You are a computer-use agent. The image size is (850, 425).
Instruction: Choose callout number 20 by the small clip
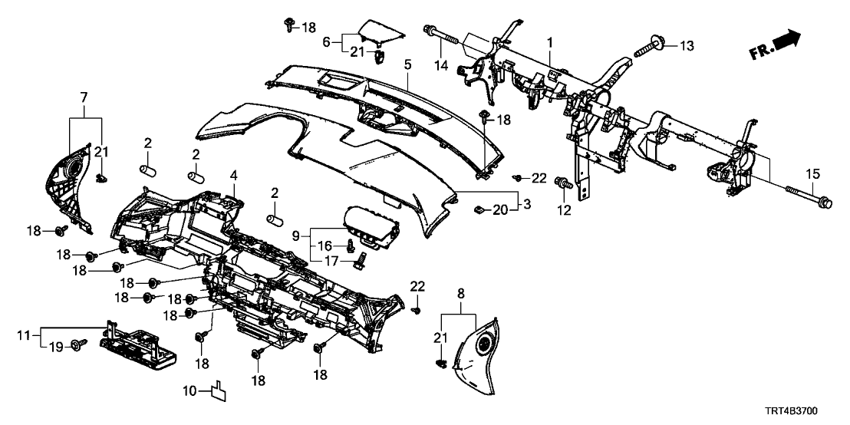coord(500,209)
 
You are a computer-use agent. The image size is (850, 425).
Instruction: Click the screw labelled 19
coord(77,347)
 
